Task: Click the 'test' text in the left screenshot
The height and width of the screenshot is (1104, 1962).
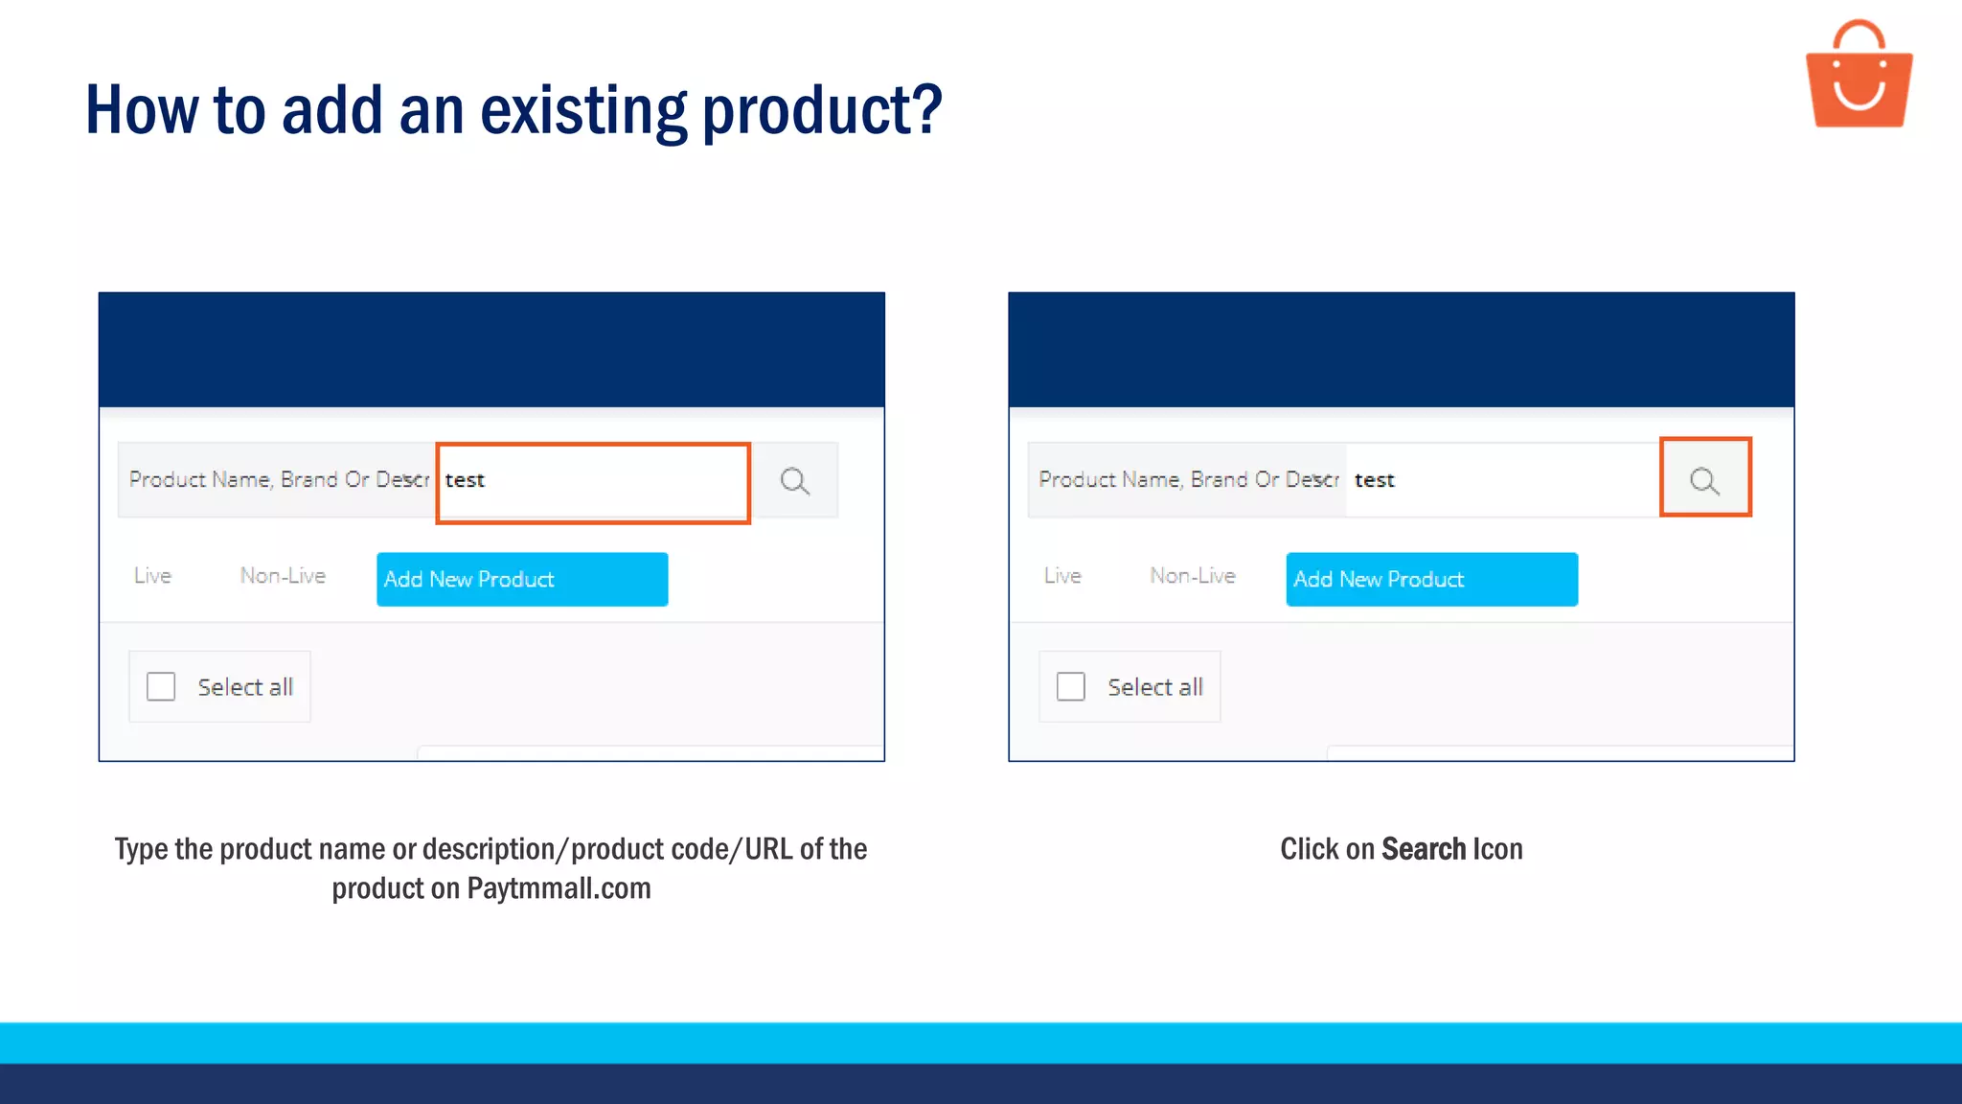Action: point(465,480)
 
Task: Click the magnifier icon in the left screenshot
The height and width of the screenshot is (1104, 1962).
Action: point(794,481)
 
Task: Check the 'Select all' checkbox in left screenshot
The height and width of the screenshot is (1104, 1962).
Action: point(161,686)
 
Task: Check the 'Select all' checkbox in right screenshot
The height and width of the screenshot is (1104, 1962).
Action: point(1070,686)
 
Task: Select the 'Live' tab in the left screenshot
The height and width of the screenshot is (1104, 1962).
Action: point(152,576)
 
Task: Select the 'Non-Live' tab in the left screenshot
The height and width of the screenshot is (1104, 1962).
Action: point(283,576)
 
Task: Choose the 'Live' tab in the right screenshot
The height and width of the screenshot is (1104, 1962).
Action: point(1062,576)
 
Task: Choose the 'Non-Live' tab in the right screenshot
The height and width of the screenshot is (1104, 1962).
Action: point(1193,576)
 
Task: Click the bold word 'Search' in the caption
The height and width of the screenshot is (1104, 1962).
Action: point(1424,849)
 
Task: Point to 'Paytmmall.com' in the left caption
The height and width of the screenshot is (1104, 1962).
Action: point(559,888)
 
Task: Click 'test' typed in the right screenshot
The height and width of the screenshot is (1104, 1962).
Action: point(1374,480)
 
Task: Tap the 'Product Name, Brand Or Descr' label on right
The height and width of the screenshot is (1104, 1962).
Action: point(1188,480)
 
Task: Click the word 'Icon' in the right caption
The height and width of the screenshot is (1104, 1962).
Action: point(1497,849)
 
